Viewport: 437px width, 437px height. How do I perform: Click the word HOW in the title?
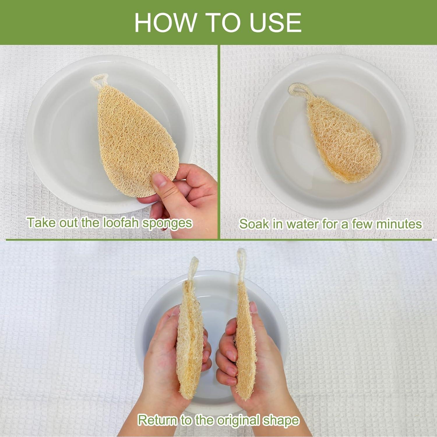click(165, 23)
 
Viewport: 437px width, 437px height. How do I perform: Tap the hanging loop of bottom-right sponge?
click(241, 262)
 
